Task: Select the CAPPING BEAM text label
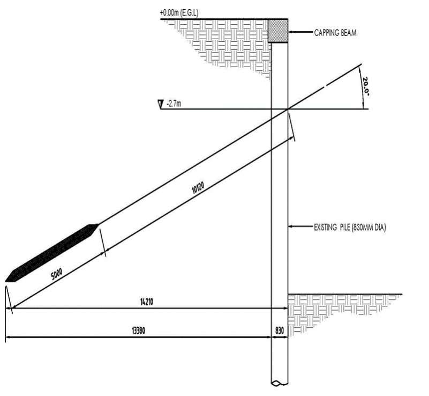(x=335, y=33)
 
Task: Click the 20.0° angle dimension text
(x=365, y=86)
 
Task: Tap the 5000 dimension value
(x=57, y=273)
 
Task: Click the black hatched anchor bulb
(x=52, y=252)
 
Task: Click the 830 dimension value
(x=279, y=331)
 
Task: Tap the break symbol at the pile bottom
(x=279, y=383)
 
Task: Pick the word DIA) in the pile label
(x=379, y=228)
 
